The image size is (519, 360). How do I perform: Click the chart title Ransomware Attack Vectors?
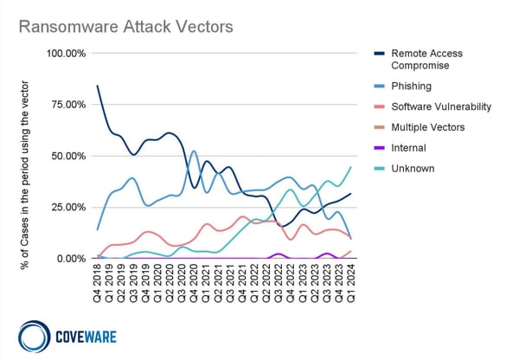point(126,27)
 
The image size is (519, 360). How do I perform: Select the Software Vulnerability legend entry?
point(441,106)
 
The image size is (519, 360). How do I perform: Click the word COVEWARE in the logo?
point(86,334)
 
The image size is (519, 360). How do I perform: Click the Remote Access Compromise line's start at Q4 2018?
point(97,86)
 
